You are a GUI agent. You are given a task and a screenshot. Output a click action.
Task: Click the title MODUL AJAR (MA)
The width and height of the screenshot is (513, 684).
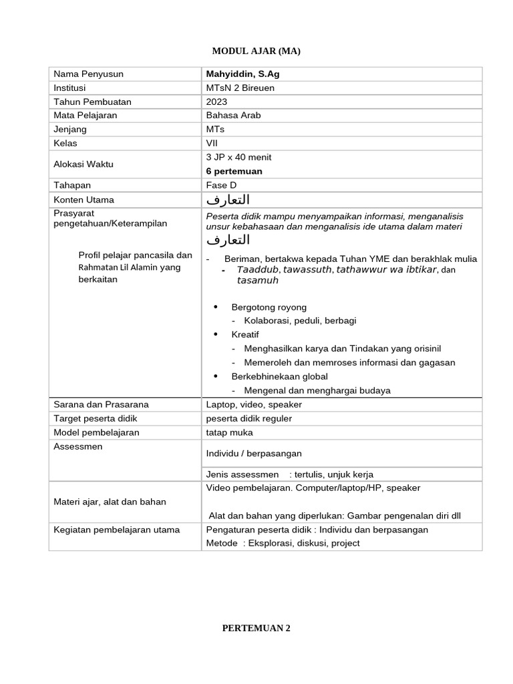coord(252,51)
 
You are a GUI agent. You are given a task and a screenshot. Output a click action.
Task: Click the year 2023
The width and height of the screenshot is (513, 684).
coord(217,102)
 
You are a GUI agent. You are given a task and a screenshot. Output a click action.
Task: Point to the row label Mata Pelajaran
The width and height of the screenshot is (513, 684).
coord(85,116)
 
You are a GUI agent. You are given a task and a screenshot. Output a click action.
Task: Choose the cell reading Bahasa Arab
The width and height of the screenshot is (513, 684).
coord(234,116)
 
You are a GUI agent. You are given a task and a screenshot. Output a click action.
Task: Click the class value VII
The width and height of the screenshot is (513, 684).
coord(212,143)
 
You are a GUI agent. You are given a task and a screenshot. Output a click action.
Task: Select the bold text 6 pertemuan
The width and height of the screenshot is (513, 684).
coord(234,171)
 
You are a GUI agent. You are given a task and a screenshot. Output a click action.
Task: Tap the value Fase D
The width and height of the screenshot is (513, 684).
coord(222,185)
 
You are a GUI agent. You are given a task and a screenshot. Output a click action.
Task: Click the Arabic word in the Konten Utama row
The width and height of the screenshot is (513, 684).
coord(228,200)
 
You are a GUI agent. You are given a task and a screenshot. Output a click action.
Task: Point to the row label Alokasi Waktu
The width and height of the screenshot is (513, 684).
coord(83,164)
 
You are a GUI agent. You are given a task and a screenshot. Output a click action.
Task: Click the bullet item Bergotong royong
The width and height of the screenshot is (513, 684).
coord(269,307)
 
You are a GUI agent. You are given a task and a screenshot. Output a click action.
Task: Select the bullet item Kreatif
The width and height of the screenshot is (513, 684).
coord(245,334)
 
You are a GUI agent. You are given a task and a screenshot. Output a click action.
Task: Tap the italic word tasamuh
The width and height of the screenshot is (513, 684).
coord(257,281)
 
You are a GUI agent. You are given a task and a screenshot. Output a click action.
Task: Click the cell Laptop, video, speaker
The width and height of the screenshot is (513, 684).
coord(254,404)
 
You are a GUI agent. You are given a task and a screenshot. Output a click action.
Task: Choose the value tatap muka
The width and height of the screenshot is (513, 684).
coord(230,432)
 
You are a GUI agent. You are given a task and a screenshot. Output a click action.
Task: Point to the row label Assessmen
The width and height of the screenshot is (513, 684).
coord(78,446)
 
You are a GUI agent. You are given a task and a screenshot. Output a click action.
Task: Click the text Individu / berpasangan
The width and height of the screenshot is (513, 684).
coord(254,453)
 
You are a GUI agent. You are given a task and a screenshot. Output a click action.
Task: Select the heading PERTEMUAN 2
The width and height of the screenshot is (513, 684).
coord(256,628)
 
